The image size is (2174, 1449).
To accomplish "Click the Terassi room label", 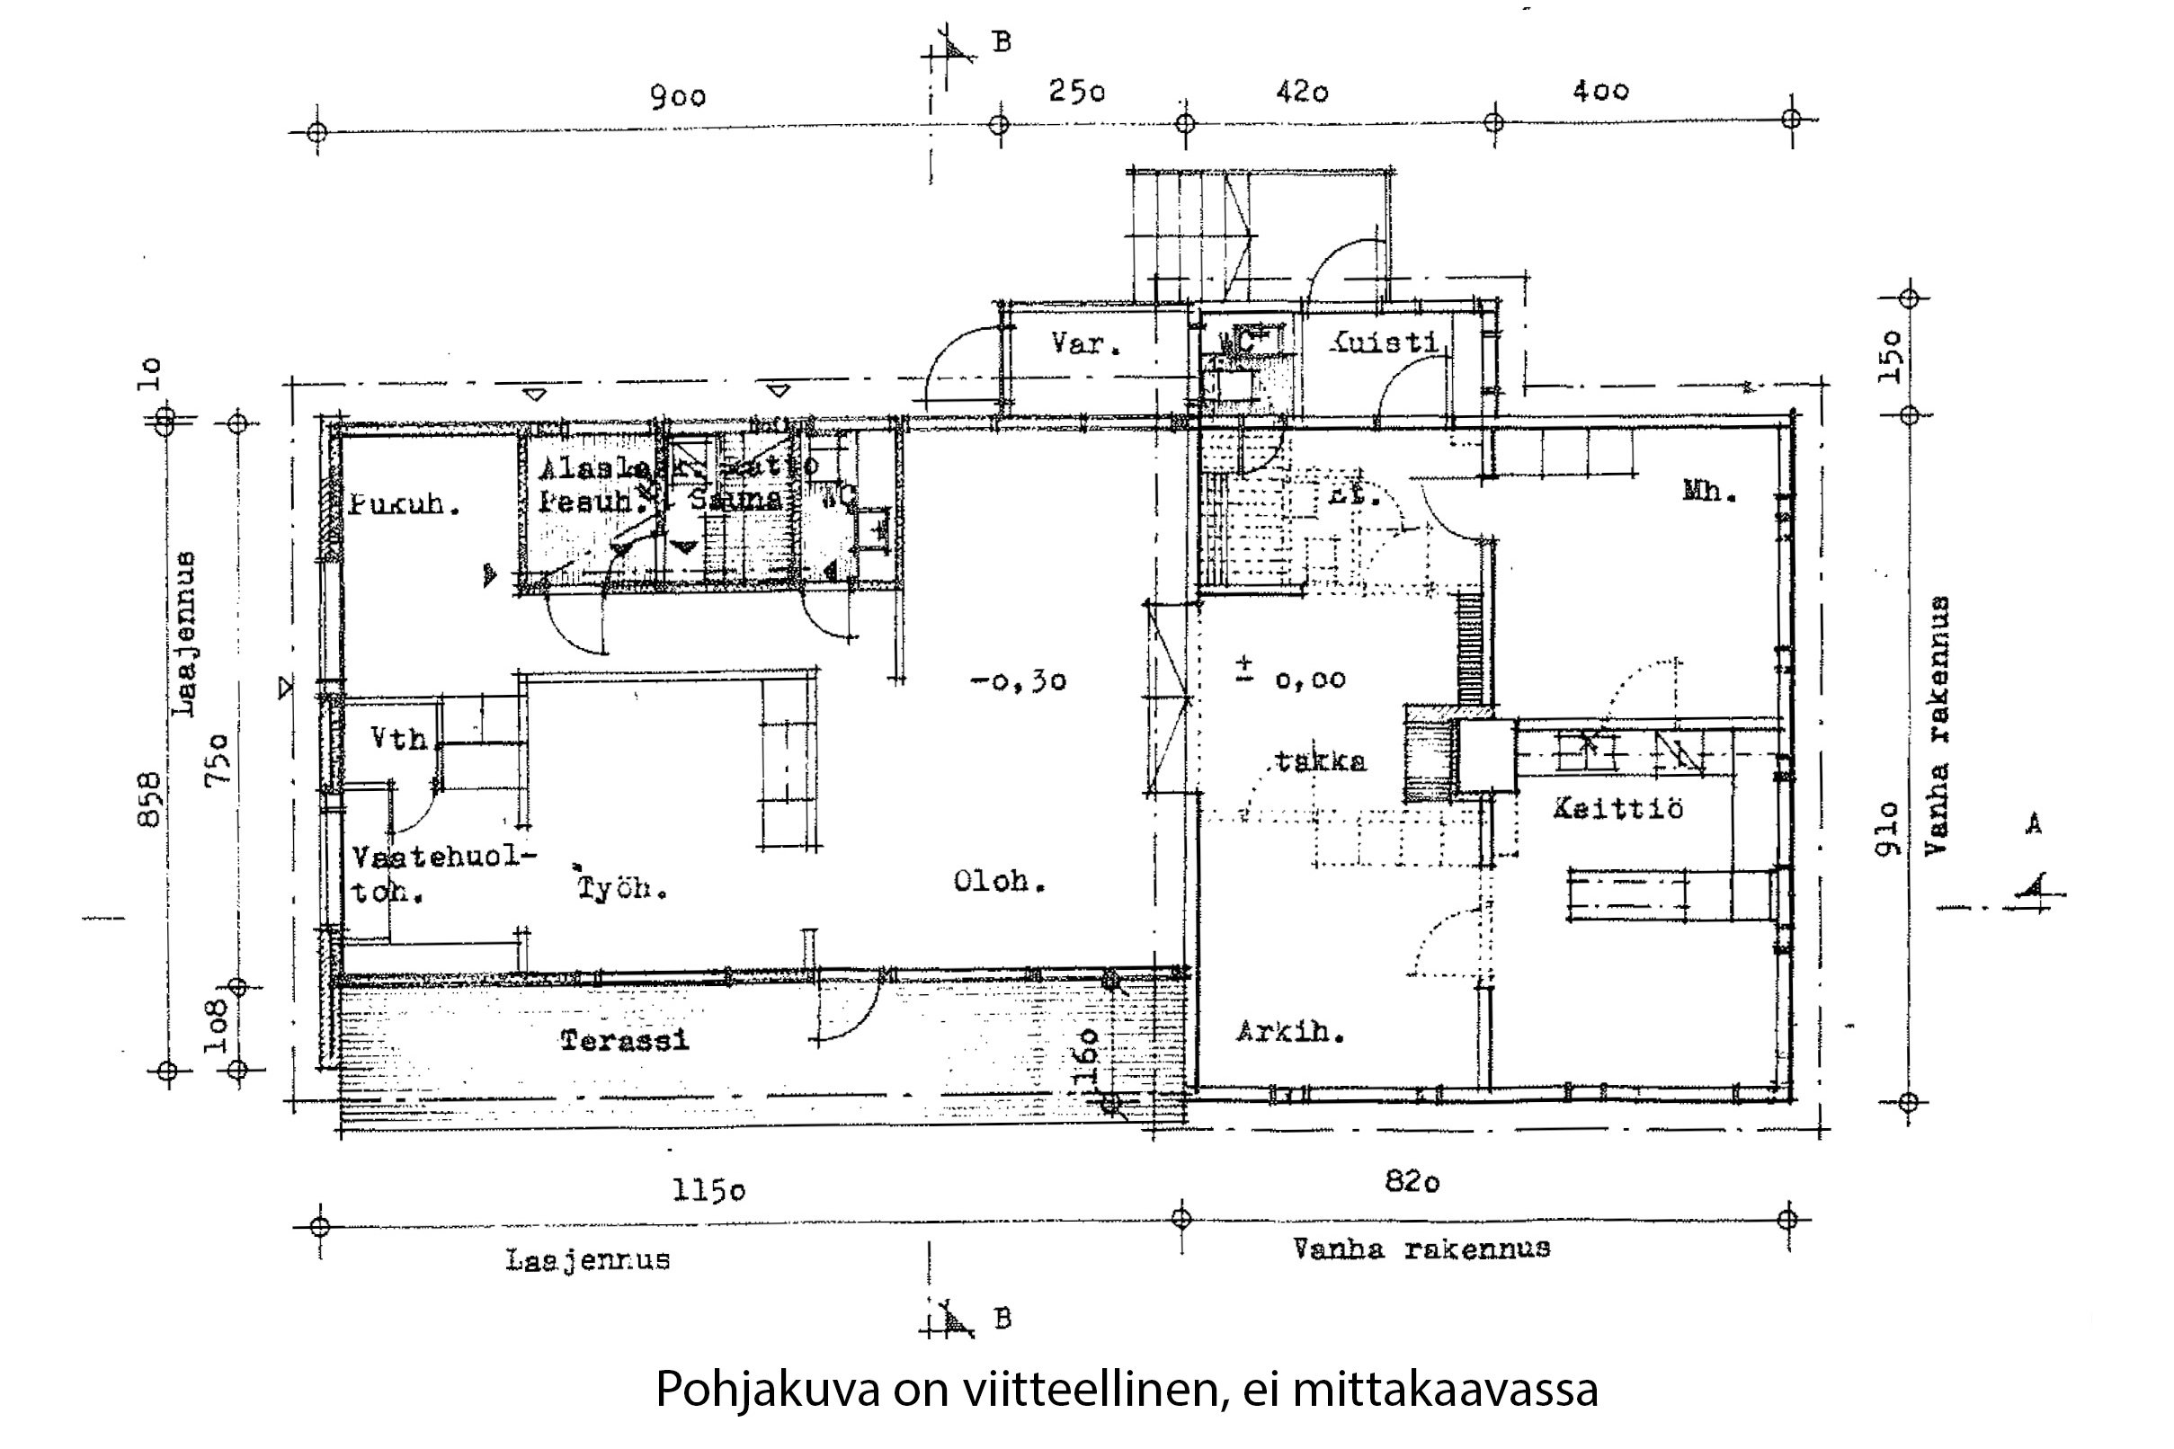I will click(x=625, y=1041).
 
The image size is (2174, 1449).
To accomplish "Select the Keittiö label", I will click(x=1617, y=809).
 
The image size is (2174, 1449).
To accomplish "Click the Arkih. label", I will click(x=1290, y=1031).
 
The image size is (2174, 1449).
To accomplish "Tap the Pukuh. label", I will click(x=405, y=504).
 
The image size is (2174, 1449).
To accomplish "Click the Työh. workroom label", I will click(x=622, y=888).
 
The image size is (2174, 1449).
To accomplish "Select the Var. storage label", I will click(x=1086, y=343).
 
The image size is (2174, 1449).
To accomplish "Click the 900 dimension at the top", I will click(x=678, y=96).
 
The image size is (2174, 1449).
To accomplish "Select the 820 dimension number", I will click(x=1412, y=1181).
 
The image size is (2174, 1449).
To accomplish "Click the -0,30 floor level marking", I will click(x=1019, y=682).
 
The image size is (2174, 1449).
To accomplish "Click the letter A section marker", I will click(x=2034, y=824).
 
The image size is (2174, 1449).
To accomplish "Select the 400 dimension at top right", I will click(x=1600, y=91).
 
